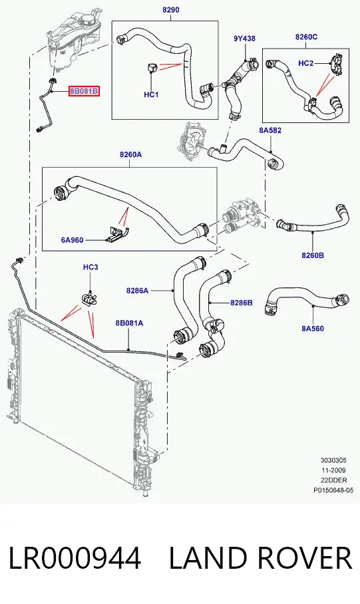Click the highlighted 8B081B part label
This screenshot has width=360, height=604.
point(85,92)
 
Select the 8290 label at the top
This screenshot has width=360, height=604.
point(170,9)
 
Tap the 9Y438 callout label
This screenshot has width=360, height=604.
point(244,39)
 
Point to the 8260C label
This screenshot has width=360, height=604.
point(306,37)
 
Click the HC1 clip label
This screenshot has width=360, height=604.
point(151,94)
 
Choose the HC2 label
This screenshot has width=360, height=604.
point(305,63)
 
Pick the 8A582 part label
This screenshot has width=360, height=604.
point(270,130)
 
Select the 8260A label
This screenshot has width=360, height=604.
point(130,155)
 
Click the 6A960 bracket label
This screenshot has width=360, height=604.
point(72,240)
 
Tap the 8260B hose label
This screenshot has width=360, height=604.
point(313,255)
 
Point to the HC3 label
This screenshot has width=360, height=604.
point(90,267)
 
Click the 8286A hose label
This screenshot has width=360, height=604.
point(137,291)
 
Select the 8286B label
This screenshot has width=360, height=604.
point(242,303)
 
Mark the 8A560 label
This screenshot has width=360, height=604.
point(313,329)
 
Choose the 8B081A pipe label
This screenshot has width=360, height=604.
point(129,323)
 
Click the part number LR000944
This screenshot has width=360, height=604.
point(75,558)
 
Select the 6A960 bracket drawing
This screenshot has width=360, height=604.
point(118,234)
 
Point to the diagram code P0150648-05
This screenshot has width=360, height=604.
point(333,490)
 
